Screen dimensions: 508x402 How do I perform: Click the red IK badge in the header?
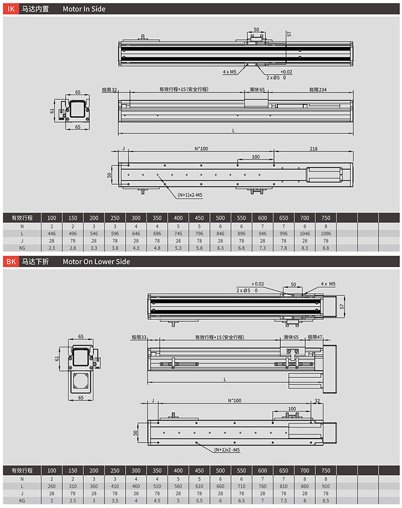[10, 9]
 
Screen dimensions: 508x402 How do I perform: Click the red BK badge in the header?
[10, 261]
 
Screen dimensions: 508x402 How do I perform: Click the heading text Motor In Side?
[84, 9]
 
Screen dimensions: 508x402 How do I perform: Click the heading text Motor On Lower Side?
[96, 261]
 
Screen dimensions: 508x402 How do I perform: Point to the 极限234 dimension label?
[318, 89]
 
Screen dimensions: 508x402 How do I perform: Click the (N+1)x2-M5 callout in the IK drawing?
[190, 195]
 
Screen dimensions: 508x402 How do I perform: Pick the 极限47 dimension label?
[315, 337]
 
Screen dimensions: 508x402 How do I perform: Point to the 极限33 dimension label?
[140, 337]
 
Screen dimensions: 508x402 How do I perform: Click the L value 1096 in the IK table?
[326, 234]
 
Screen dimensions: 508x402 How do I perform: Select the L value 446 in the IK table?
[52, 234]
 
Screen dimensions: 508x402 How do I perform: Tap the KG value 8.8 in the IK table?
[326, 248]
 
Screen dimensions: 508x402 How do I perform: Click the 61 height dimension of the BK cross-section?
[59, 358]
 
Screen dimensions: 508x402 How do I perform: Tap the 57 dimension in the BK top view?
[343, 307]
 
